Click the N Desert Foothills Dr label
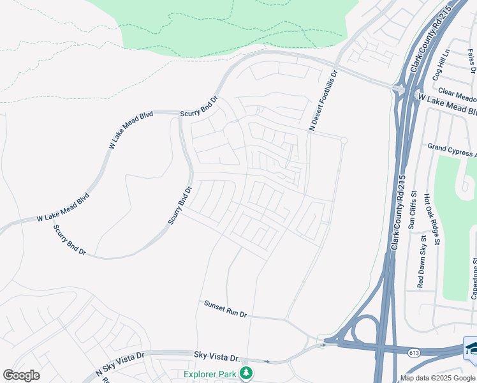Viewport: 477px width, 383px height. [322, 101]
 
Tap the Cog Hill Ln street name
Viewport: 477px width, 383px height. [442, 64]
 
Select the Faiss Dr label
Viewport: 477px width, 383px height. [471, 61]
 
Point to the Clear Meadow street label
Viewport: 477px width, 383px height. [457, 96]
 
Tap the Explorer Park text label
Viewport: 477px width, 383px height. [210, 373]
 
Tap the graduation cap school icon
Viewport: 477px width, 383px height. [471, 348]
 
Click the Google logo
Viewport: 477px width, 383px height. [22, 375]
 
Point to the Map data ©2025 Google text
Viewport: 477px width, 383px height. [438, 378]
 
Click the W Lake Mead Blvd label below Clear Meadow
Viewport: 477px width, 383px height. [446, 106]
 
